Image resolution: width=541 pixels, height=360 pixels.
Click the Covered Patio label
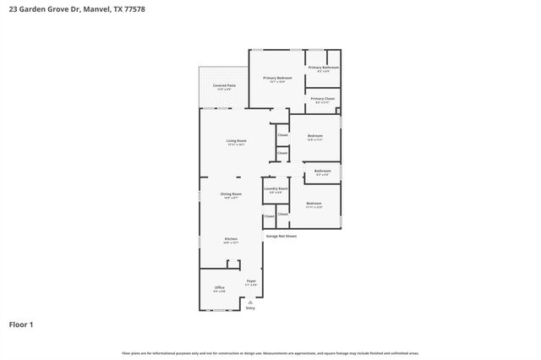point(224,85)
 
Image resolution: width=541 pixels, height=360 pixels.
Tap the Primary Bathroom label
point(323,68)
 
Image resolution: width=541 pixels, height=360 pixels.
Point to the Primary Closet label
point(323,99)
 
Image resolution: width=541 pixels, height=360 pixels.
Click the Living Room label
point(236,140)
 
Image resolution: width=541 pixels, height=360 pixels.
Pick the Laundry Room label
point(276,188)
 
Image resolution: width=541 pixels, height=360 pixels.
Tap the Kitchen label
point(230,240)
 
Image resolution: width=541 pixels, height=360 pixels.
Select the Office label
point(219,287)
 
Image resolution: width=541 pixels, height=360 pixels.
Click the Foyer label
point(251,281)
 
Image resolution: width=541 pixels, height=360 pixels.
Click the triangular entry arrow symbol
point(250,301)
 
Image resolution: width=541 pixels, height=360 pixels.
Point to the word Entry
point(250,308)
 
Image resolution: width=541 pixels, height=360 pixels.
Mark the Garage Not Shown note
point(281,236)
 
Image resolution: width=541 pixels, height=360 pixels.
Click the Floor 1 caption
point(21,324)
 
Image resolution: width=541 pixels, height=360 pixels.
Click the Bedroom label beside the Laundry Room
point(314,203)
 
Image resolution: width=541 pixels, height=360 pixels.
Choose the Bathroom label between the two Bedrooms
point(322,171)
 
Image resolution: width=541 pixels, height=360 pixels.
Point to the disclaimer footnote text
point(270,352)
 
